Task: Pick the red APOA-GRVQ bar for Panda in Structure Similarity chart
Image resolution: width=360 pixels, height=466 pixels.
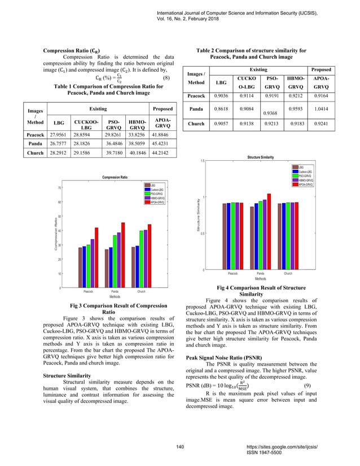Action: click(269, 231)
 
